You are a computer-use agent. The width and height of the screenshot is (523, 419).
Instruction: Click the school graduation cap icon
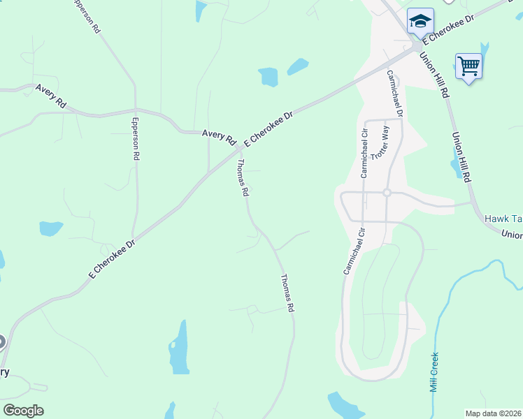click(x=420, y=22)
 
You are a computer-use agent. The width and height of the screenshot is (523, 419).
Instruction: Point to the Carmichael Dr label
click(x=395, y=93)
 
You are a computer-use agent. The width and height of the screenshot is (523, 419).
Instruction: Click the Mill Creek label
click(x=434, y=372)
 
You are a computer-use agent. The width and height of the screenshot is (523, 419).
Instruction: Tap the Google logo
click(x=23, y=411)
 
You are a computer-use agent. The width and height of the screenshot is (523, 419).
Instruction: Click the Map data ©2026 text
click(x=493, y=413)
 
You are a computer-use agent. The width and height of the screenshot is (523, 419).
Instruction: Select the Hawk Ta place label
click(x=503, y=219)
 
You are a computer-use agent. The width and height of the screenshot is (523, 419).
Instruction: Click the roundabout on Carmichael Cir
click(x=385, y=192)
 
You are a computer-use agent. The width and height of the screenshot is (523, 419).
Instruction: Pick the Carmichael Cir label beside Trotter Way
click(x=364, y=152)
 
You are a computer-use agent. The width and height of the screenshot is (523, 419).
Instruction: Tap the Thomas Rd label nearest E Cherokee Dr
click(x=243, y=178)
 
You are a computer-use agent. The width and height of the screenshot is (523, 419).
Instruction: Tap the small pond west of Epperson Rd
click(x=50, y=228)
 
